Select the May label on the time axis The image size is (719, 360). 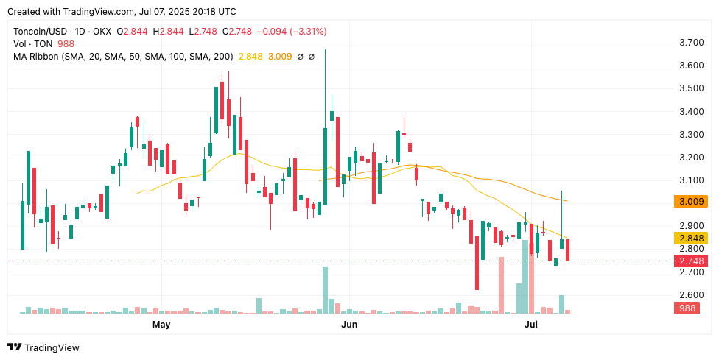161,324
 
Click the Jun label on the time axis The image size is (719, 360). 349,324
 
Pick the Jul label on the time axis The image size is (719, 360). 531,324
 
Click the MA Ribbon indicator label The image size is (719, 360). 38,56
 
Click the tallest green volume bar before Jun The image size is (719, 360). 325,291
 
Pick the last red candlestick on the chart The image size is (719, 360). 567,250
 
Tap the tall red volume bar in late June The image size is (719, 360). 501,286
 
